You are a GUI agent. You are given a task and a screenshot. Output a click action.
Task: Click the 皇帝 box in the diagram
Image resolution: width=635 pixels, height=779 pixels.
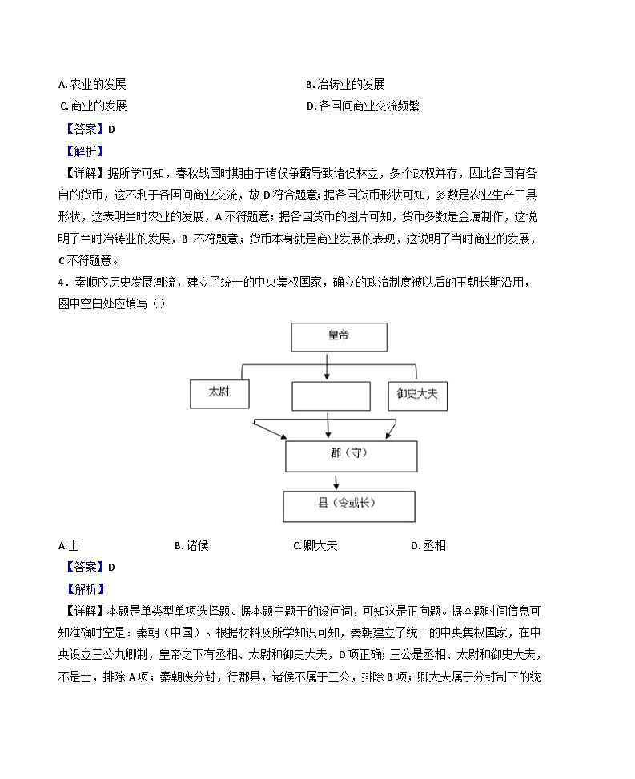click(x=327, y=336)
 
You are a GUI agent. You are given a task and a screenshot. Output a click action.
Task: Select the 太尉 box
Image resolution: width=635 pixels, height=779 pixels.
click(x=219, y=393)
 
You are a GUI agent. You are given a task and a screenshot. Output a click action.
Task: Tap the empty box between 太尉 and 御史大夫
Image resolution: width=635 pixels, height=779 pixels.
click(x=331, y=396)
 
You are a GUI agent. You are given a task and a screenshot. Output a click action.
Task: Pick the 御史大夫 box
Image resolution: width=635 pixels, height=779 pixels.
click(x=416, y=395)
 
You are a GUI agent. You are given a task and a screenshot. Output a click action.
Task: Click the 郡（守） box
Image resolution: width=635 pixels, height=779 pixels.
click(x=351, y=455)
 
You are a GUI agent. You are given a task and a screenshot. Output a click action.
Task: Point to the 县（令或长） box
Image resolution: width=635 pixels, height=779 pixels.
click(x=349, y=505)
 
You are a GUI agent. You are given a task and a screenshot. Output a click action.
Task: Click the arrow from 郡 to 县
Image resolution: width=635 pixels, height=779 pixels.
click(x=336, y=481)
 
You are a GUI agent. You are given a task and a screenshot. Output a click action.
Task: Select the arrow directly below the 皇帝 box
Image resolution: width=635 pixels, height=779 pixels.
click(x=327, y=366)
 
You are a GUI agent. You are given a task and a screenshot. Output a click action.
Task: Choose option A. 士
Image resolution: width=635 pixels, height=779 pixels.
click(x=68, y=546)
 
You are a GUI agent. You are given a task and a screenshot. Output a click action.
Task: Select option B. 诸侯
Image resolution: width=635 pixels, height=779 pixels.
click(x=191, y=546)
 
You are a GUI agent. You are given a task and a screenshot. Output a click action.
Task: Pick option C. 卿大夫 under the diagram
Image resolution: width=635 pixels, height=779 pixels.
click(x=315, y=546)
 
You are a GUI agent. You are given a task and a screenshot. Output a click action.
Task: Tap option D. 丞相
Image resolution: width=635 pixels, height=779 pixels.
click(x=428, y=546)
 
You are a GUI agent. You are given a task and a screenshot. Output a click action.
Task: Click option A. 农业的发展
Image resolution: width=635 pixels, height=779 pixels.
click(x=92, y=85)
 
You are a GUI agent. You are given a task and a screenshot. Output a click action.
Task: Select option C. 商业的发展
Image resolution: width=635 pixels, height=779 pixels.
click(x=93, y=106)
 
